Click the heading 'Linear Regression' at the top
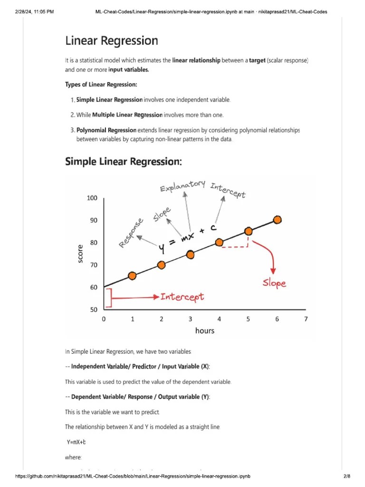111,41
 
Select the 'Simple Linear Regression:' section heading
123,162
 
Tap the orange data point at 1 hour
133,276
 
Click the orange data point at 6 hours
278,220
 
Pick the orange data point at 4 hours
219,242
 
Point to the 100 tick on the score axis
92,198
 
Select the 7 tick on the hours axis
306,319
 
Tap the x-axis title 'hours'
205,331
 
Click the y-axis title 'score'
80,253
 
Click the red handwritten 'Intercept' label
182,297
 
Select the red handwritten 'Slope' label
274,283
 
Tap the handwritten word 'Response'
131,233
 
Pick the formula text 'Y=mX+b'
76,442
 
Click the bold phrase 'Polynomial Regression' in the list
106,130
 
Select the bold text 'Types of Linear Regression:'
101,85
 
